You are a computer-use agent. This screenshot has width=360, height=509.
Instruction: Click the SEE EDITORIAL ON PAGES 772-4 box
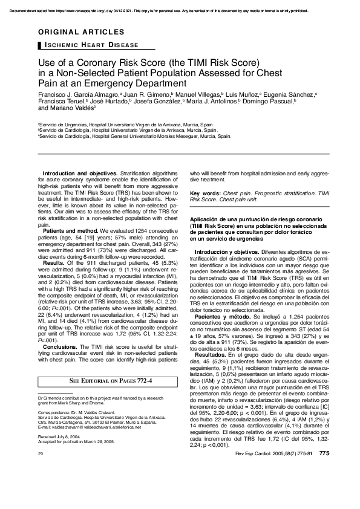(111, 380)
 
